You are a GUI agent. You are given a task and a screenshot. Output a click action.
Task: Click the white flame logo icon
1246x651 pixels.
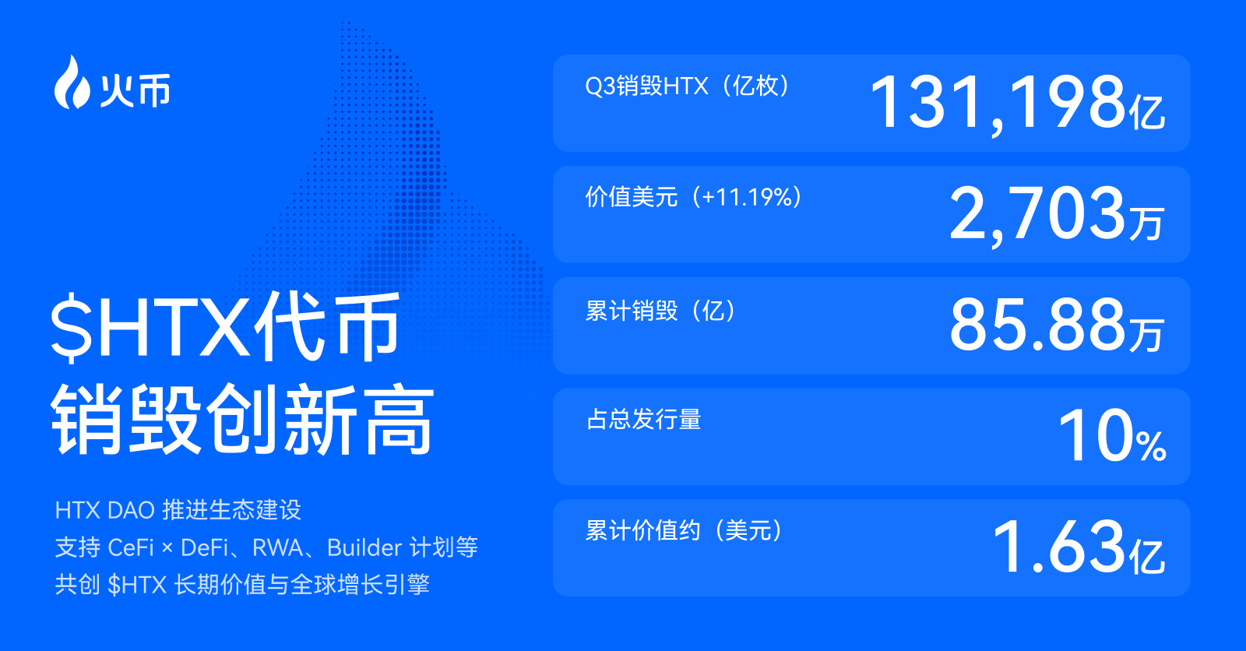(72, 83)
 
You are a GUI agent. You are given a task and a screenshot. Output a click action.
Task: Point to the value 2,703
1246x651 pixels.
(1037, 214)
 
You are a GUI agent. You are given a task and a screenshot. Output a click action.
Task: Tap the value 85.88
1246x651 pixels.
(1037, 325)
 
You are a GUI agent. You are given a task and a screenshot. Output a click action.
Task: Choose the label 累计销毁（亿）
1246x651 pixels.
(660, 311)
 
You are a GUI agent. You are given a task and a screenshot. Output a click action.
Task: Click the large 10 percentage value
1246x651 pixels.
(1095, 436)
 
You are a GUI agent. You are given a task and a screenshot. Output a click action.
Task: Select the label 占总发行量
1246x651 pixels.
(644, 420)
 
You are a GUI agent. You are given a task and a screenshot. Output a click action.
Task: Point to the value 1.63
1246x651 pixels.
(1058, 547)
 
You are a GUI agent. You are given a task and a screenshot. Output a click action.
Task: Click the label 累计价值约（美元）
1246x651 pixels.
(684, 531)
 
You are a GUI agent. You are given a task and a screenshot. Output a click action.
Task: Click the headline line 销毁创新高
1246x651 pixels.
(242, 420)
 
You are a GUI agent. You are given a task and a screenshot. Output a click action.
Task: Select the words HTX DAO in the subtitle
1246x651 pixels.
(104, 511)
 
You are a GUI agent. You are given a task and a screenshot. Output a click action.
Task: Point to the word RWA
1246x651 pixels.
(277, 548)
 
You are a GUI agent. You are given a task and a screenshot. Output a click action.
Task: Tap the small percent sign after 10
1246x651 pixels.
(1151, 446)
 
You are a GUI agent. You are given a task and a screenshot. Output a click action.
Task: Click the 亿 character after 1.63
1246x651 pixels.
(1146, 556)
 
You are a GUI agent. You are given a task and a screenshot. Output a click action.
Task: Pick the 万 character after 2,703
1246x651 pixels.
(1146, 223)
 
